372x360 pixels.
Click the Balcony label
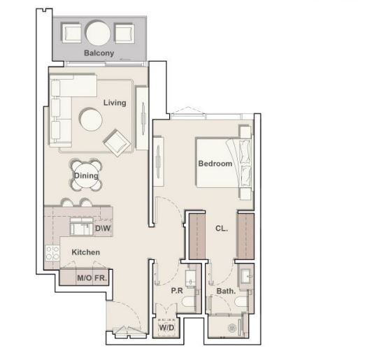99,53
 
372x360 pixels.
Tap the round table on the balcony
98,33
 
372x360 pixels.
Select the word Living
115,103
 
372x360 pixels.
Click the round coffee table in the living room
91,120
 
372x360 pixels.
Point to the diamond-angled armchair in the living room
117,143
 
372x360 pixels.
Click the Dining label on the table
86,175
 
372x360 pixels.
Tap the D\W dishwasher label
103,229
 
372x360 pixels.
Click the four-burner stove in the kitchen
52,253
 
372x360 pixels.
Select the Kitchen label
85,252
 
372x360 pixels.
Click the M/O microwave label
85,278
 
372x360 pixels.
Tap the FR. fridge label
101,278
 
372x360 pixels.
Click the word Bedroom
215,164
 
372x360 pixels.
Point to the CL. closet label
222,229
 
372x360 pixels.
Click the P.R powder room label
177,291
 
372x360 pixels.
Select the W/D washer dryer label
166,328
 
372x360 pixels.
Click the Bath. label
226,291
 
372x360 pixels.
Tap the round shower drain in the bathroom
231,329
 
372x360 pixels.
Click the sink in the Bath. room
246,276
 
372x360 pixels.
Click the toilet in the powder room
189,302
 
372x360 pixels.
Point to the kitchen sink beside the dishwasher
82,226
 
